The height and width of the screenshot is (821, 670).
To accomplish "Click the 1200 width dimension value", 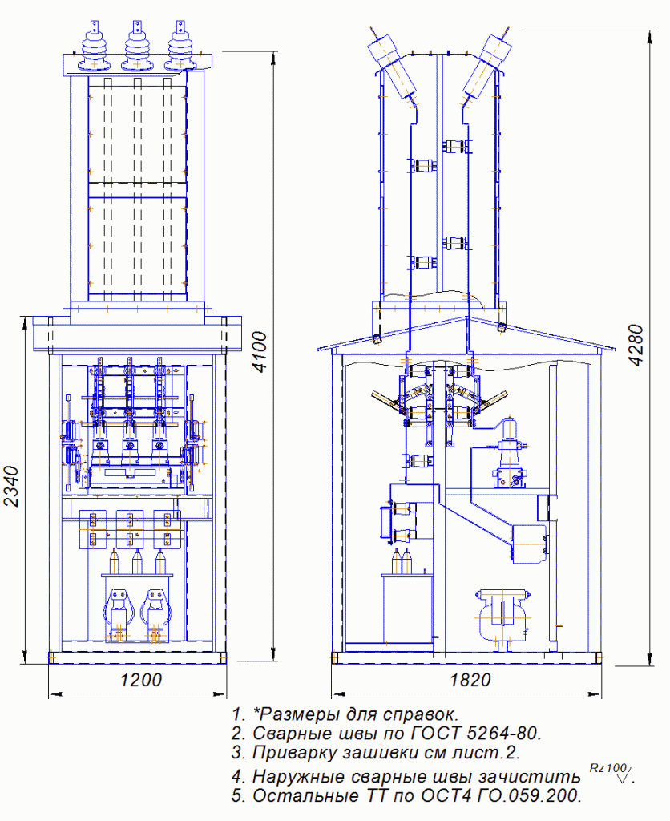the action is (x=141, y=680).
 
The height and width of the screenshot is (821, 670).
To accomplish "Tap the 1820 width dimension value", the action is (x=470, y=680).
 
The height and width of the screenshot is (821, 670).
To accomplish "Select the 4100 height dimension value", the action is (x=259, y=351).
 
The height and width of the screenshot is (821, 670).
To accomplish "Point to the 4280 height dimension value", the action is (x=636, y=345).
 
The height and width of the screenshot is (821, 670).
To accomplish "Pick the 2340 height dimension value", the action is (x=11, y=486).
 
